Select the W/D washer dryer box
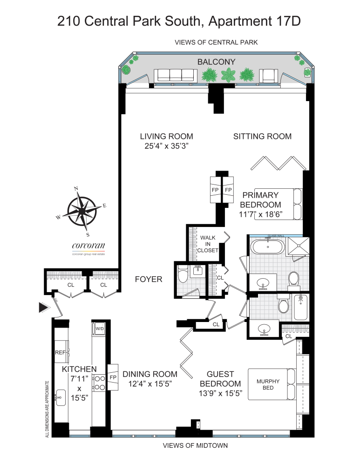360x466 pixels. (100, 329)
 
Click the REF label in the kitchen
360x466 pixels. (61, 353)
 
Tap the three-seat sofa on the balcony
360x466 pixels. (174, 75)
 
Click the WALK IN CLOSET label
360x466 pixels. (208, 244)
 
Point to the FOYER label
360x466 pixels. (149, 279)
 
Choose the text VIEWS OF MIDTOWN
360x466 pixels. (195, 445)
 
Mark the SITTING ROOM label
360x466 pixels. (262, 136)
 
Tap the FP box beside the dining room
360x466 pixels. (113, 377)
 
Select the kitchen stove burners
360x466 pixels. (99, 383)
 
